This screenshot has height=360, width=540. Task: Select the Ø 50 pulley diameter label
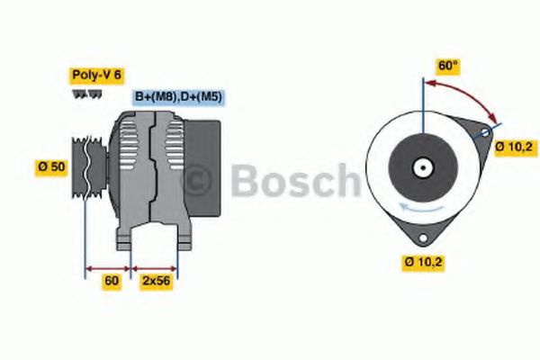(x=51, y=166)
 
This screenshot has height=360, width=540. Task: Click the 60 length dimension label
(x=112, y=282)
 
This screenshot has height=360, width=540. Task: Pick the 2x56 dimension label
(x=156, y=282)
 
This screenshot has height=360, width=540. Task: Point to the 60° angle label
(x=447, y=66)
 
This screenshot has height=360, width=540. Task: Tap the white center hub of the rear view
(x=420, y=167)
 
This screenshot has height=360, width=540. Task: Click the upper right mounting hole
(x=485, y=133)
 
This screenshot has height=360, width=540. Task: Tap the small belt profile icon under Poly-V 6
(x=82, y=93)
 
